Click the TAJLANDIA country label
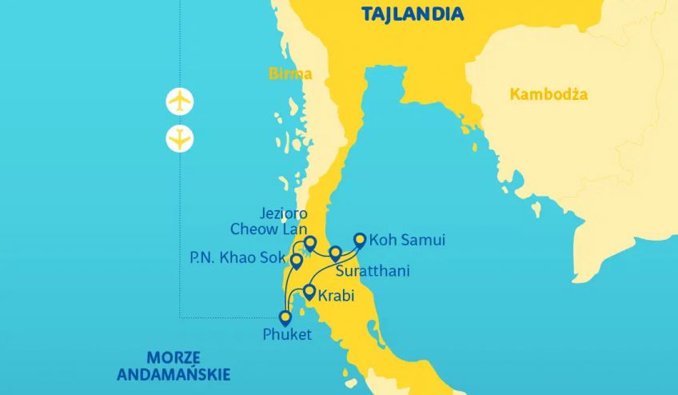[x=413, y=14]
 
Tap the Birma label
[x=289, y=74]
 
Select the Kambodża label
[x=548, y=94]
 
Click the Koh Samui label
[x=407, y=240]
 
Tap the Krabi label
[x=337, y=296]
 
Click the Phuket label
[x=287, y=334]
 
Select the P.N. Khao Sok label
[x=237, y=258]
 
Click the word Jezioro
[x=283, y=213]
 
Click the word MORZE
[x=173, y=357]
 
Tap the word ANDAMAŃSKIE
[x=173, y=373]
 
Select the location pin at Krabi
[x=309, y=291]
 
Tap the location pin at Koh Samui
[x=360, y=238]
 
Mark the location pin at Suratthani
[x=335, y=253]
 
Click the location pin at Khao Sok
[x=297, y=260]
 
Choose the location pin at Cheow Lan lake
[x=310, y=242]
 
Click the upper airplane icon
[x=180, y=102]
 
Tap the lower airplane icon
[x=180, y=138]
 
